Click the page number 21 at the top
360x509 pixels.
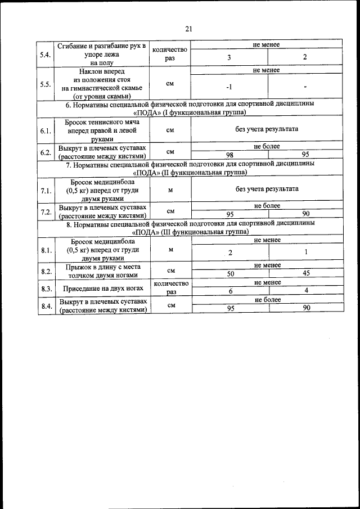pos(188,29)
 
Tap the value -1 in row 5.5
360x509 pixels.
pos(229,88)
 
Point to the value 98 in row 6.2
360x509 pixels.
pos(229,154)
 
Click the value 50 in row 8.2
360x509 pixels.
pos(230,273)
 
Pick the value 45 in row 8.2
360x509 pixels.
pos(305,273)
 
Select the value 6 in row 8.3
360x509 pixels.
pos(230,291)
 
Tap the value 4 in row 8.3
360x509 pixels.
pos(305,291)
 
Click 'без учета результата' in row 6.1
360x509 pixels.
pos(267,129)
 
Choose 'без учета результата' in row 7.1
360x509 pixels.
pos(267,189)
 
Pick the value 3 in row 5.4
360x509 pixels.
pos(229,57)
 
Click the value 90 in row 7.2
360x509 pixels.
pos(305,214)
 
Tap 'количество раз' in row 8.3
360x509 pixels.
pos(170,288)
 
